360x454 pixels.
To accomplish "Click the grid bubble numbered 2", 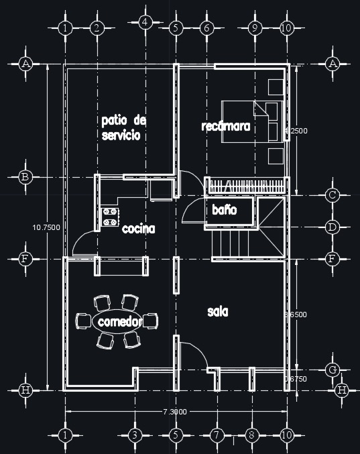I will pyautogui.click(x=96, y=28).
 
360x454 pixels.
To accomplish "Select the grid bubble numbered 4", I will pyautogui.click(x=144, y=22).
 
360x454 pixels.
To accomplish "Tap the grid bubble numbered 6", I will pyautogui.click(x=206, y=28).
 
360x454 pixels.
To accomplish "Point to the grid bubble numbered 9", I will pyautogui.click(x=255, y=28).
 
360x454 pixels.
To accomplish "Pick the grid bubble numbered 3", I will pyautogui.click(x=134, y=435).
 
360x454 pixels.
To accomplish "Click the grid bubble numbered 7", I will pyautogui.click(x=216, y=435).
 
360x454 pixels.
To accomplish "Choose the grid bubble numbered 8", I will pyautogui.click(x=252, y=435).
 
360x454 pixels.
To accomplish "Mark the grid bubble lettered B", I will pyautogui.click(x=25, y=177).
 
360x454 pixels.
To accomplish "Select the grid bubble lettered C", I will pyautogui.click(x=332, y=196).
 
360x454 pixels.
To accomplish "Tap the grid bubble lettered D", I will pyautogui.click(x=332, y=227).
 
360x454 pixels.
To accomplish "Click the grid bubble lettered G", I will pyautogui.click(x=332, y=370).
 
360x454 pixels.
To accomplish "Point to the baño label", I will pyautogui.click(x=225, y=210).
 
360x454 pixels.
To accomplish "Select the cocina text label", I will pyautogui.click(x=139, y=229).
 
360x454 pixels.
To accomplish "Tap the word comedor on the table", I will pyautogui.click(x=118, y=322).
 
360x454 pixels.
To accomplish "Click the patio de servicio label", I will pyautogui.click(x=123, y=127).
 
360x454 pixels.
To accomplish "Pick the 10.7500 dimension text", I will pyautogui.click(x=46, y=227).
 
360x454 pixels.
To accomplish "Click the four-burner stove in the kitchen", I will pyautogui.click(x=110, y=217).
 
